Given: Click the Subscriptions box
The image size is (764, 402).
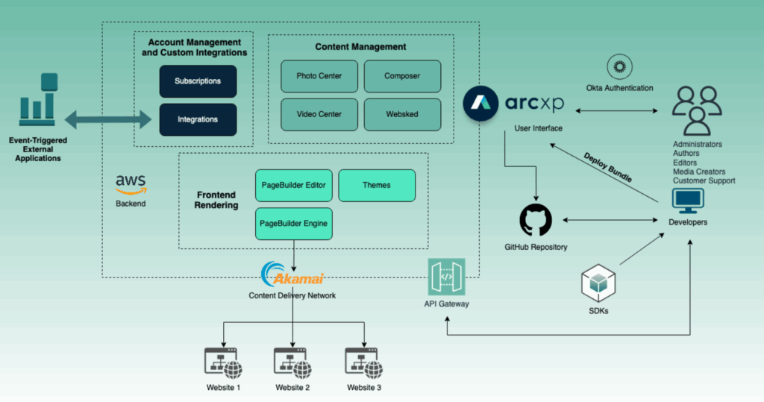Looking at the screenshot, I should (x=198, y=81).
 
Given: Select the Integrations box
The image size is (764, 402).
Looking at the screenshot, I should (x=198, y=119).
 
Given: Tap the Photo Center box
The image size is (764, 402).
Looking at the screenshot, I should (x=319, y=76).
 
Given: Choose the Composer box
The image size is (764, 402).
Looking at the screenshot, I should (x=402, y=76).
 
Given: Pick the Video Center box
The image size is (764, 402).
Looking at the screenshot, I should (x=319, y=114).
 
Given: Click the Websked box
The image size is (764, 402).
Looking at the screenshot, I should (x=402, y=114).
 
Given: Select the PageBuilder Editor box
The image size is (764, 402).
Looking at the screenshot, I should (x=293, y=185).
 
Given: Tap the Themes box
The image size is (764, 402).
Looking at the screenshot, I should (x=376, y=185).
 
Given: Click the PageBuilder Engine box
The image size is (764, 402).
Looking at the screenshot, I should (x=293, y=223).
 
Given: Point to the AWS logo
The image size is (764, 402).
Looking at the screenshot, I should (x=131, y=183).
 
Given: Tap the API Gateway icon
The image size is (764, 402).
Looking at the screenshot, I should (x=447, y=277).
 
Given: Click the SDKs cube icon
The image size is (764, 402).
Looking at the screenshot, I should (x=598, y=286).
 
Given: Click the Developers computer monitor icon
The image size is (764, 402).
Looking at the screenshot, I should (x=688, y=201).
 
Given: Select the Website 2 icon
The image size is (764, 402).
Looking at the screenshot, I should (x=292, y=362).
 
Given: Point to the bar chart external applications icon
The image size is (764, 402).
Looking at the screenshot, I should (x=37, y=101).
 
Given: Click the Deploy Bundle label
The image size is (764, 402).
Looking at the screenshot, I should (x=609, y=169).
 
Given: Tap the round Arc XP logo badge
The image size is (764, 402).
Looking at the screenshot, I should (x=481, y=104).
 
